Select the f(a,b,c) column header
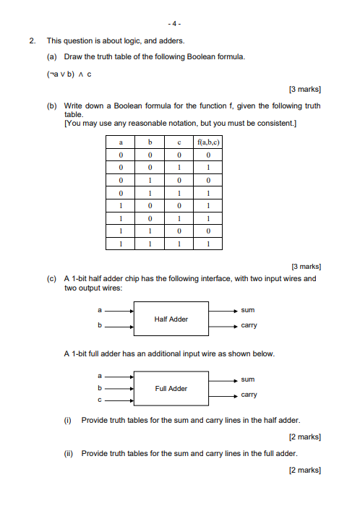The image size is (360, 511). pos(207,143)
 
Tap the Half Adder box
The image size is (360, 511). pos(171,319)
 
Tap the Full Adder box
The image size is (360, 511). pos(171,388)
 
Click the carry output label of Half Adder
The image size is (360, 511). pos(249,325)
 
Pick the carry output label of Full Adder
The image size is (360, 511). pos(249,395)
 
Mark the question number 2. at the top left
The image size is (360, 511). pos(33,41)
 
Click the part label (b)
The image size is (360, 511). pos(52,106)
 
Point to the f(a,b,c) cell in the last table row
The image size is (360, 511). pos(207,244)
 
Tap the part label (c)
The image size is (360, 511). pos(52,278)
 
